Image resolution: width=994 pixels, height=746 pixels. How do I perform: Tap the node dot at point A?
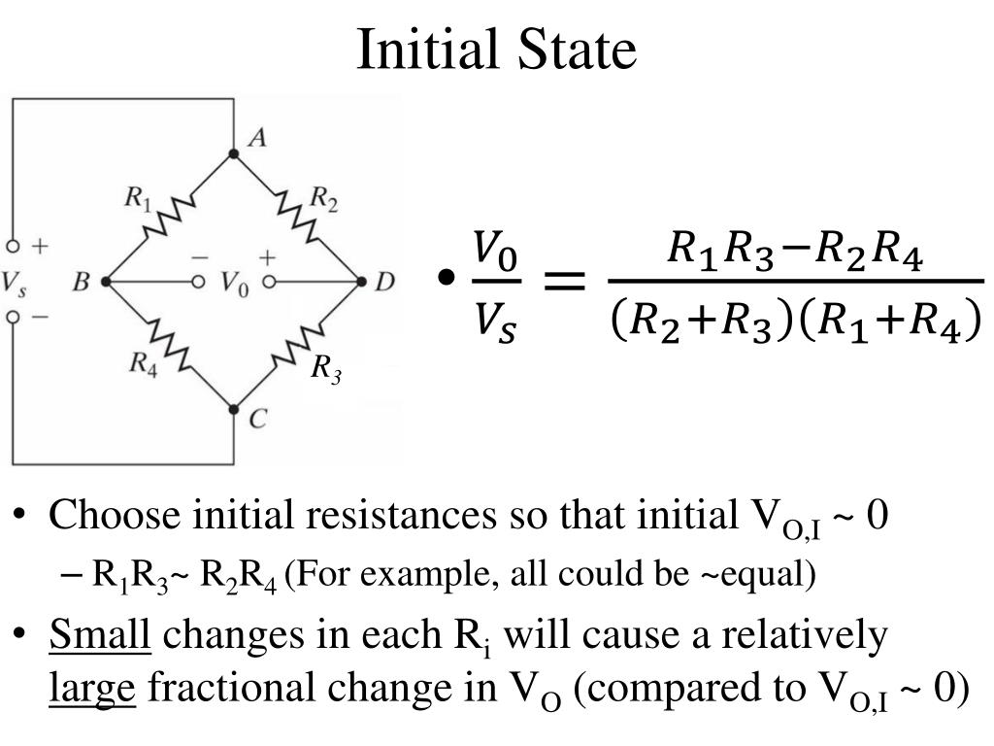tap(233, 153)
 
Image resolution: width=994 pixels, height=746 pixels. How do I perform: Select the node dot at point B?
tap(105, 282)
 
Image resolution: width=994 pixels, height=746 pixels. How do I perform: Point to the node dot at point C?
tap(233, 410)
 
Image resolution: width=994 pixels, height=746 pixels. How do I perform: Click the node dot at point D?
tap(361, 282)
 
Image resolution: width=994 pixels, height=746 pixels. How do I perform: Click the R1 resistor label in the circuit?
tap(138, 200)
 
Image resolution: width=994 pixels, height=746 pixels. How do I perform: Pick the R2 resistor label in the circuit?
tap(323, 198)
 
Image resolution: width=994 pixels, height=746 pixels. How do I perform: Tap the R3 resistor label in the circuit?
tap(326, 369)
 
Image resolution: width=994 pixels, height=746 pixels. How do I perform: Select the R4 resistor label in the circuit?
tap(143, 363)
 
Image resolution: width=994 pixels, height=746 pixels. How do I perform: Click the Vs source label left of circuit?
tap(15, 283)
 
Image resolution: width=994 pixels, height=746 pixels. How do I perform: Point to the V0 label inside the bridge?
tap(233, 283)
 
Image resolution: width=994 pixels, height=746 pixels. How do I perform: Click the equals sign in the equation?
tap(563, 283)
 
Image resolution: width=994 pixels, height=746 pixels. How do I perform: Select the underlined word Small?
tap(100, 636)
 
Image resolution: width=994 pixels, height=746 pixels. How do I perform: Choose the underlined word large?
tap(92, 688)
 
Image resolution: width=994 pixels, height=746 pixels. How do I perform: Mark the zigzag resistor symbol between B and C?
tap(169, 346)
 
